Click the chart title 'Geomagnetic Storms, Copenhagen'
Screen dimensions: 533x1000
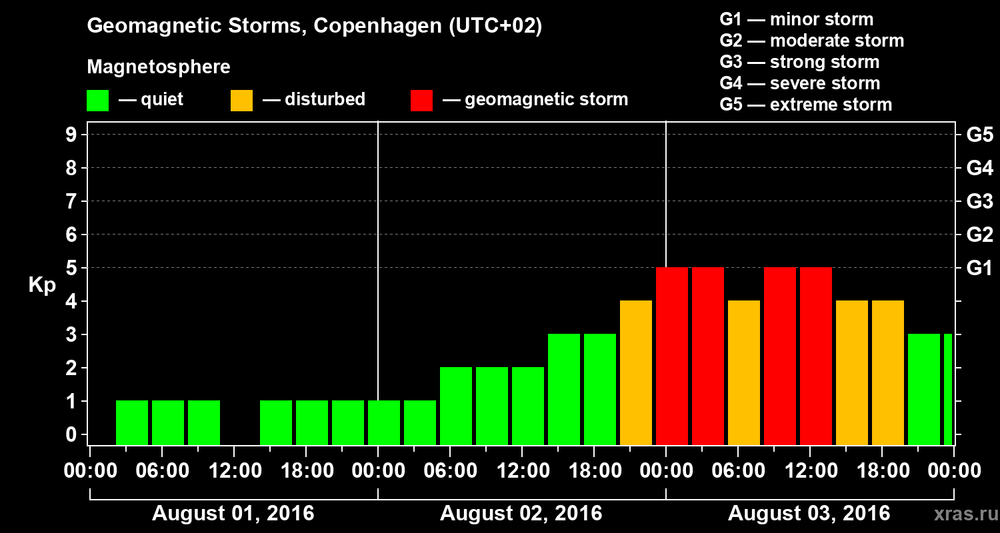coord(314,26)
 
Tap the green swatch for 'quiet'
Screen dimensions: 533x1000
coord(97,100)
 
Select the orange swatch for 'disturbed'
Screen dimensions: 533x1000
coord(241,100)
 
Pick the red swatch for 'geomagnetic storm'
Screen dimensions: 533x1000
coord(421,100)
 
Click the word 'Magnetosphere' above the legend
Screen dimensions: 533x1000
coord(159,67)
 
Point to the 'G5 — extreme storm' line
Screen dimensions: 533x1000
coord(805,105)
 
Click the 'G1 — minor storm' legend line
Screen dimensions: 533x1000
coord(796,19)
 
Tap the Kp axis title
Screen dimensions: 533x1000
coord(42,285)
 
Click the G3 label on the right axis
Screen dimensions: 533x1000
coord(979,201)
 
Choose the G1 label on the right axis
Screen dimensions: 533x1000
coord(979,268)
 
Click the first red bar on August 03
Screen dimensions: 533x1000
coord(672,356)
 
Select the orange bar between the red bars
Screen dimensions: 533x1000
coord(744,372)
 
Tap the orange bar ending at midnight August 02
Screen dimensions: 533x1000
coord(636,372)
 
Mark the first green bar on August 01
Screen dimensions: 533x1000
coord(132,422)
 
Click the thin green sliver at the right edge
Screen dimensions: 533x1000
coord(948,389)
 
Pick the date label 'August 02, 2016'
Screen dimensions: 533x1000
coord(521,514)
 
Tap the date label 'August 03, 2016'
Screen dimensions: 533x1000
coord(809,514)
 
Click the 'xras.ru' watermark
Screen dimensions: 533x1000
coord(962,514)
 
